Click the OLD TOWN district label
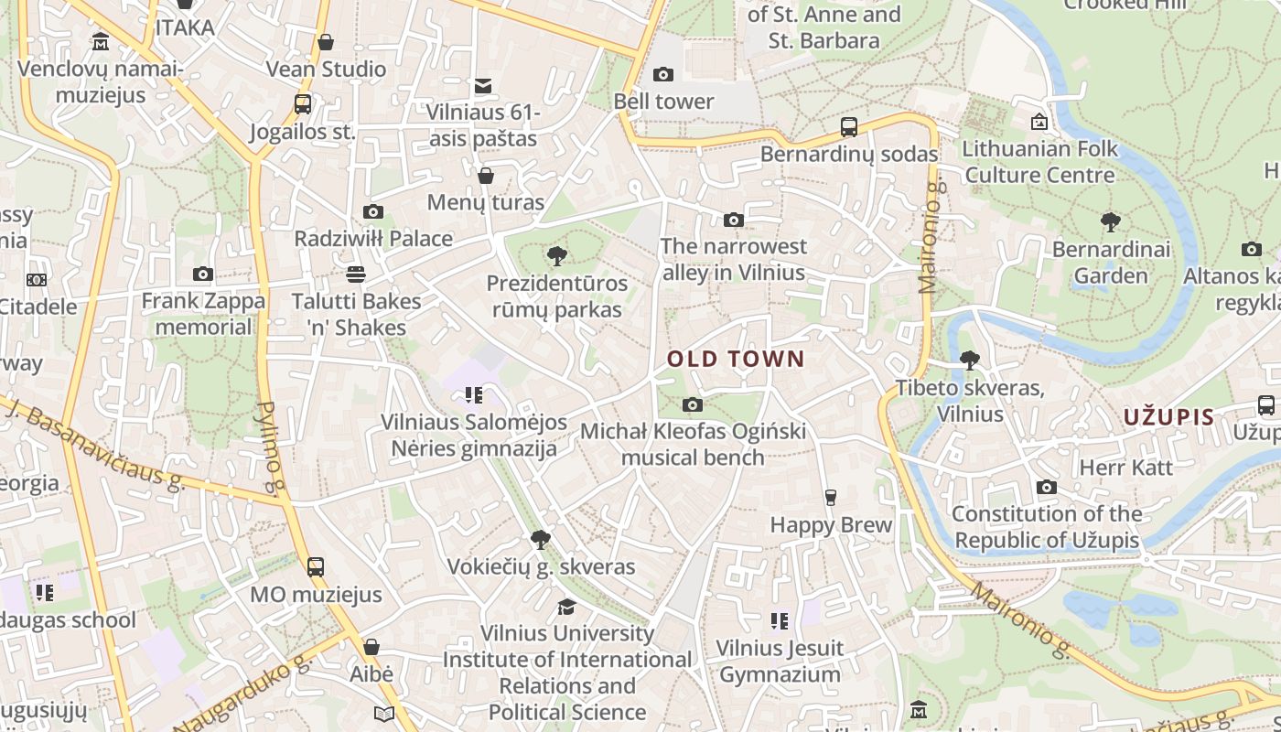736,360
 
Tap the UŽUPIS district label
1168,417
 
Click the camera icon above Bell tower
663,74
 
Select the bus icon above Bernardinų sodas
849,127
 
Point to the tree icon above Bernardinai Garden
1111,221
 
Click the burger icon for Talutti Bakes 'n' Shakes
356,274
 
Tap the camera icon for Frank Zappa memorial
203,274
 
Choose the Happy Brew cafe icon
830,498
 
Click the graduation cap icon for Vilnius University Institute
567,607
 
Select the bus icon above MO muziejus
316,566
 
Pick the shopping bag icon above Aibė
371,647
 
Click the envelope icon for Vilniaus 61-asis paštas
483,86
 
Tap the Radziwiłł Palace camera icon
372,212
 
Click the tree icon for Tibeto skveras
969,361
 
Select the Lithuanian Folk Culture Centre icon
1039,122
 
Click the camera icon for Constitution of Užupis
1047,487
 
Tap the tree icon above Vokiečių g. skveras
541,540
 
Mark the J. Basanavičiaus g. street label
95,445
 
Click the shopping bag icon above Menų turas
486,175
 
